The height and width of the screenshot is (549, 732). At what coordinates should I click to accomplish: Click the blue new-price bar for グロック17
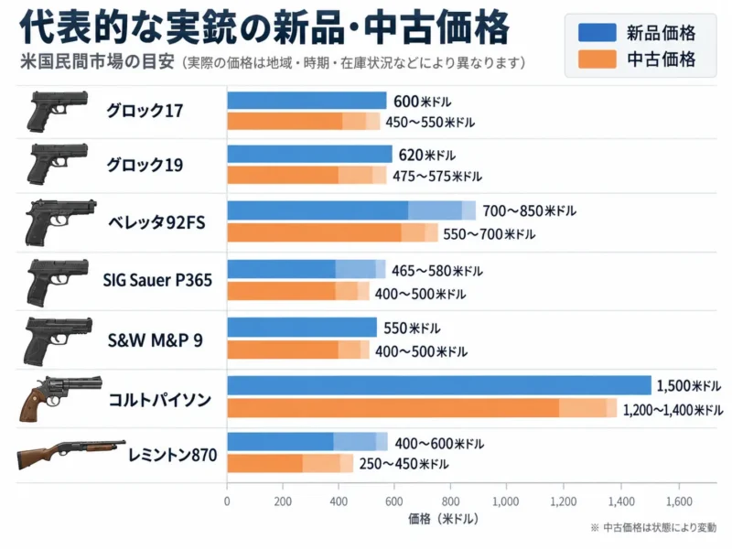[307, 101]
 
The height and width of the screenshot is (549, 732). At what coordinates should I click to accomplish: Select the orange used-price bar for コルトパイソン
[422, 407]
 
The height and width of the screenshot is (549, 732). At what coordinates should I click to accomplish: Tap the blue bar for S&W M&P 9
[302, 328]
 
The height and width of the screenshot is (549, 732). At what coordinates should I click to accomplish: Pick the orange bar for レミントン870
[290, 464]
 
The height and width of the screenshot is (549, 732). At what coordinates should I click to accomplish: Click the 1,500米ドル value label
[689, 385]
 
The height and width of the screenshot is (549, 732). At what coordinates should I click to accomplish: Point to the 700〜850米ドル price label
[530, 211]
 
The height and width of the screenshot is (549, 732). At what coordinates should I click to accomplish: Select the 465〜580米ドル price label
[437, 271]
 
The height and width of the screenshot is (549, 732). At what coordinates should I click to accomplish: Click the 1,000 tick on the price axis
[506, 501]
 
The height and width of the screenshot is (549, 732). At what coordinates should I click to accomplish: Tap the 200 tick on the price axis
[283, 501]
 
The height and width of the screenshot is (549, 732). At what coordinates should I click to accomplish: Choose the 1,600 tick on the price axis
[679, 501]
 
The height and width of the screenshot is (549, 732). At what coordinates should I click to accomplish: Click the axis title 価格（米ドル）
[443, 519]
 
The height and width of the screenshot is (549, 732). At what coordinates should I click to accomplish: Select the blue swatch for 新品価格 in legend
[597, 33]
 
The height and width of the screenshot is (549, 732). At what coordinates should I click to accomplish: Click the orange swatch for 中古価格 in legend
[597, 59]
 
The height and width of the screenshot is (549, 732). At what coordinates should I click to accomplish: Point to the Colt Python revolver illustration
[60, 398]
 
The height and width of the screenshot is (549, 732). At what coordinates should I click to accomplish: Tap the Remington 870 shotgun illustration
[71, 454]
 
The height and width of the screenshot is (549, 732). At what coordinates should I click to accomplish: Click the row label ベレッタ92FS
[156, 222]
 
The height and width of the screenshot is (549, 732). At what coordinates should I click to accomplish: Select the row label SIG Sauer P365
[157, 280]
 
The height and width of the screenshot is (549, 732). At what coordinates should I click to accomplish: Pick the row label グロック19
[145, 165]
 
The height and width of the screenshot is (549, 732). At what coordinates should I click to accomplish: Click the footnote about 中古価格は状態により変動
[653, 528]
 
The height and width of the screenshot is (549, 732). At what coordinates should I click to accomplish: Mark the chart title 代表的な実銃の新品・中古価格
[264, 27]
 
